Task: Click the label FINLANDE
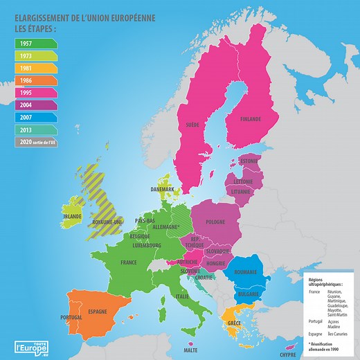click(250, 119)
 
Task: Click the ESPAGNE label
click(98, 311)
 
